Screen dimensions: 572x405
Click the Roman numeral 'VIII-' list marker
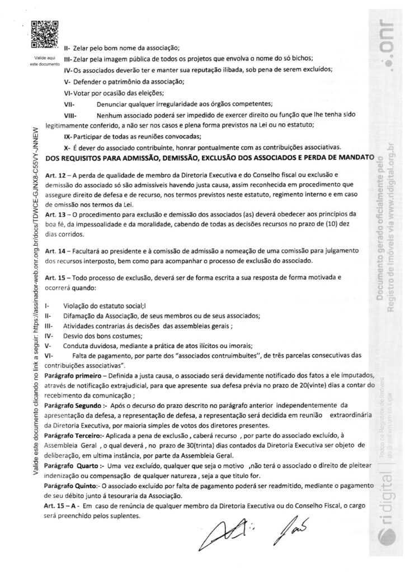71,115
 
